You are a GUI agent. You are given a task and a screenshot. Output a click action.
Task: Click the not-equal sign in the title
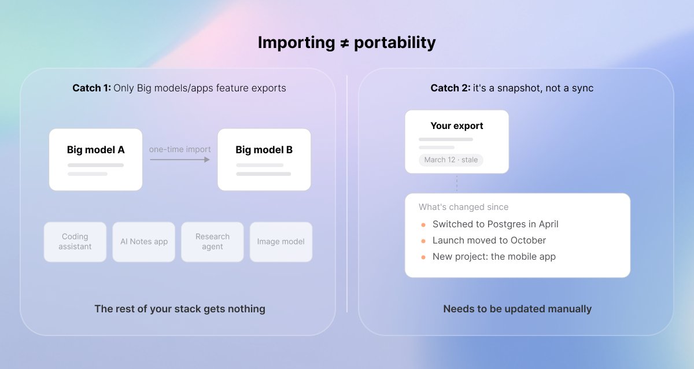point(345,43)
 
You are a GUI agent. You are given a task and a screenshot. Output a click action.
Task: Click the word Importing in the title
point(297,43)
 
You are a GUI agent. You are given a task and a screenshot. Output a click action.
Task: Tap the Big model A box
point(96,160)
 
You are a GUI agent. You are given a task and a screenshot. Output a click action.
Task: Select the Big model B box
point(264,160)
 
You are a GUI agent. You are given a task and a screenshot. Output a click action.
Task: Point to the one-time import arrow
point(180,160)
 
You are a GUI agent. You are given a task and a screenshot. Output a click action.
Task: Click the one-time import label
point(180,149)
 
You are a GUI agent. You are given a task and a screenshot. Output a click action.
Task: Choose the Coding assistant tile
point(75,242)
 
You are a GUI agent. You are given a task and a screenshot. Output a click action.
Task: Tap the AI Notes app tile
point(144,242)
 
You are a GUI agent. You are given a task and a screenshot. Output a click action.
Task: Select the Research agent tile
point(213,242)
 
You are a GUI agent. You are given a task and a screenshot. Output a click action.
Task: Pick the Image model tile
point(281,242)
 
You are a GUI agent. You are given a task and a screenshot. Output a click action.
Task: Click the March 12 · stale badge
point(451,160)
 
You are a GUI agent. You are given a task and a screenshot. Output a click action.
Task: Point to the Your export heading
point(457,126)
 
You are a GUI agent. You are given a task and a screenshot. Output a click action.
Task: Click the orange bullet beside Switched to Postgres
point(423,225)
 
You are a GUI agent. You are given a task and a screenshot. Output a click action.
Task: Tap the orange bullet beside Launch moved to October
point(423,241)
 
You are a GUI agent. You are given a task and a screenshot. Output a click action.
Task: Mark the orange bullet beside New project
point(423,257)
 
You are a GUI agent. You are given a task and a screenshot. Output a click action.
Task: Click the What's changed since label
point(463,207)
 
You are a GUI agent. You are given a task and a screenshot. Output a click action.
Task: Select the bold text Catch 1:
point(91,88)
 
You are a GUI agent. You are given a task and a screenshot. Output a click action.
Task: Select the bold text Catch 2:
point(450,88)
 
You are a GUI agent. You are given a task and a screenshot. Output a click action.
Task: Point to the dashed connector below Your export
point(457,183)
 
